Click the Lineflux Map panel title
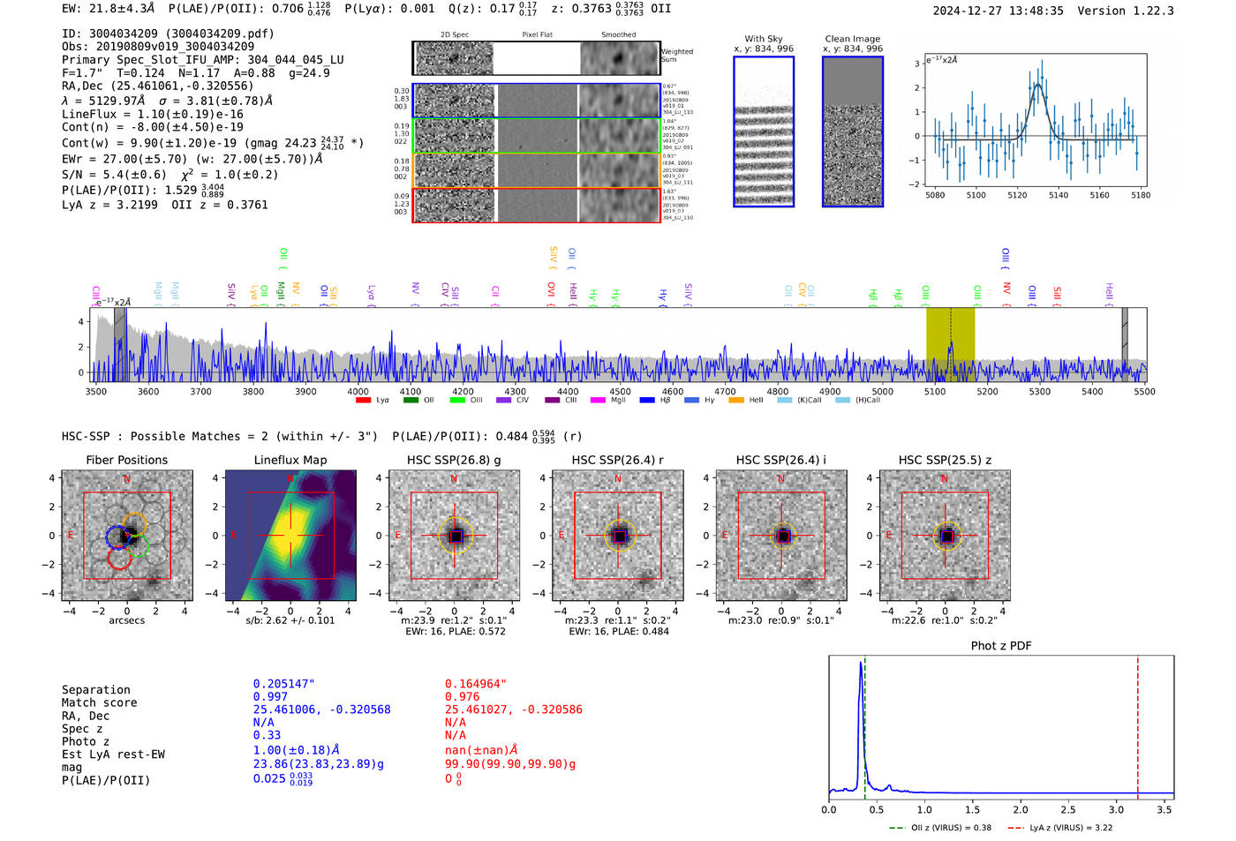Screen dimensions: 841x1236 coord(290,460)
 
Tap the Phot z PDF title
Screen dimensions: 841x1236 coord(1001,646)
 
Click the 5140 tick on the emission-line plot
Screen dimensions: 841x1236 coord(1058,195)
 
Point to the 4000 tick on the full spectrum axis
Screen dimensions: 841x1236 coord(358,392)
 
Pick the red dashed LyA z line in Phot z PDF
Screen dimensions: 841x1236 coord(1138,724)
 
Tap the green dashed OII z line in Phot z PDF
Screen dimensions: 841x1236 coord(865,724)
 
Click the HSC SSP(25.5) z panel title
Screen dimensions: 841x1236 coord(945,460)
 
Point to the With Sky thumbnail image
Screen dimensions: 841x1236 coord(764,131)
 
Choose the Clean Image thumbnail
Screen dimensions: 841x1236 coord(853,131)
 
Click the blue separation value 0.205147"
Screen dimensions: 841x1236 coord(283,684)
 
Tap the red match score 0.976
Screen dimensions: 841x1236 coord(463,697)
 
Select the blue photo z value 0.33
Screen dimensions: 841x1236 coord(267,735)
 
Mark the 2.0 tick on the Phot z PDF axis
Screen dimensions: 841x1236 coord(1021,810)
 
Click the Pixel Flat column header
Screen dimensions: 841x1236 coord(537,35)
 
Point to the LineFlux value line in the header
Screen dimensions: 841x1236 coord(152,115)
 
